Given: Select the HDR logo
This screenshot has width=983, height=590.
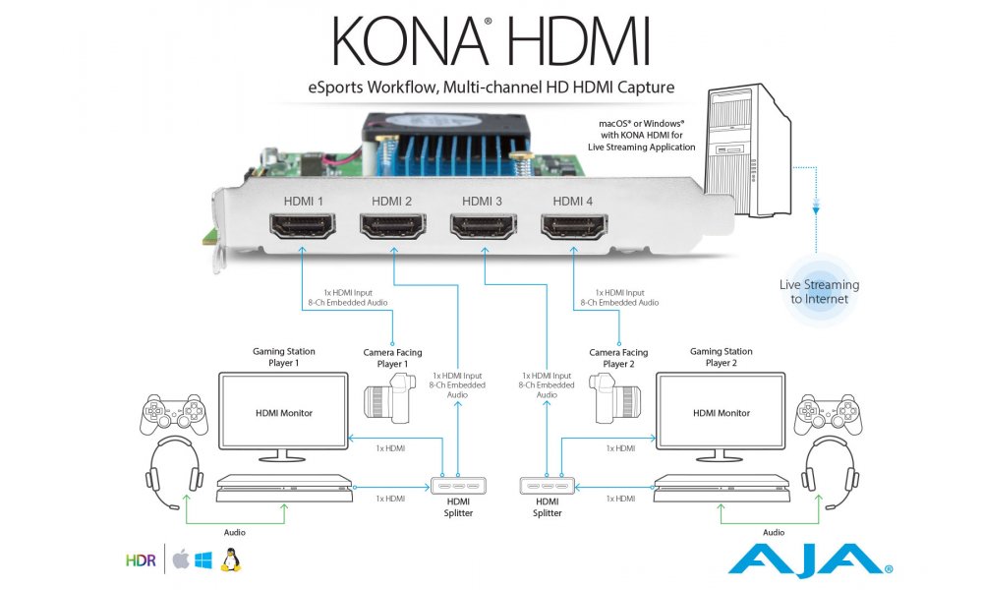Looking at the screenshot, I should pos(141,561).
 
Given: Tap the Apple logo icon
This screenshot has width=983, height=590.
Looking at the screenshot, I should pos(179,560).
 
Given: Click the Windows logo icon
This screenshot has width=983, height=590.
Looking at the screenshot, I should pos(203,561).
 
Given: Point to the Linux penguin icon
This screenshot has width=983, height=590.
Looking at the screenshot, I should pos(232,560).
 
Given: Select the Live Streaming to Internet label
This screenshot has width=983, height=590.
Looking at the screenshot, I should pos(819,291).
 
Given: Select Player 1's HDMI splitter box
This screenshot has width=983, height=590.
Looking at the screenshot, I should pos(458,485).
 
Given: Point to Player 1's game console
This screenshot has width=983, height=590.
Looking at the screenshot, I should pos(284,486).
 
